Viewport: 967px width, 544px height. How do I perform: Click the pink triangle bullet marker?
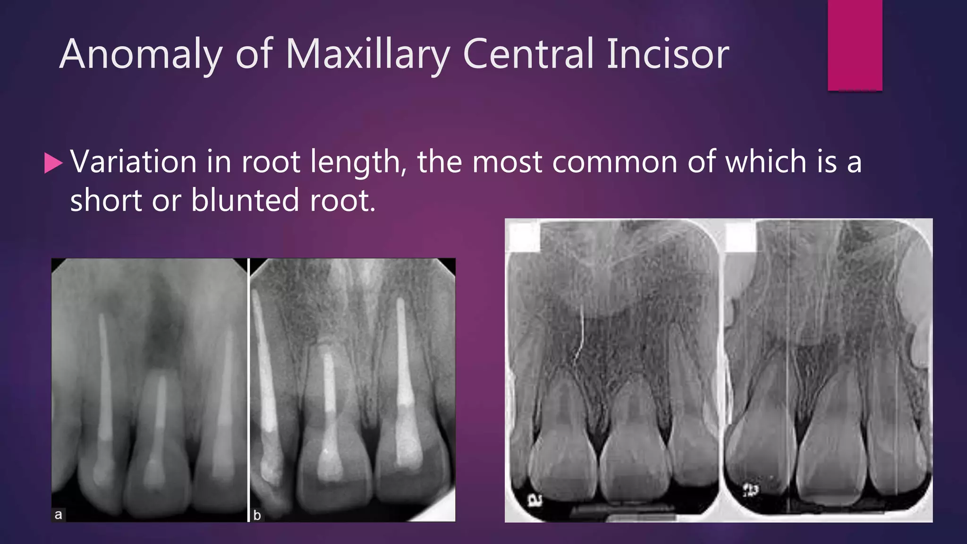click(x=53, y=163)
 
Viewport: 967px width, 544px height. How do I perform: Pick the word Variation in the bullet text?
click(x=133, y=162)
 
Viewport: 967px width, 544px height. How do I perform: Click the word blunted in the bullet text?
click(x=245, y=200)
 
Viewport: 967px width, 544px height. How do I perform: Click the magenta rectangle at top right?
click(x=855, y=45)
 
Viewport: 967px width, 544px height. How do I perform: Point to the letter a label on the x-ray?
click(x=59, y=515)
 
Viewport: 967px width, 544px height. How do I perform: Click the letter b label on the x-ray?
click(x=257, y=515)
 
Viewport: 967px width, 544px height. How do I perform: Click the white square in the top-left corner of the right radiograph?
click(x=524, y=236)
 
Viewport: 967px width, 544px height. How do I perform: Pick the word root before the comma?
click(x=271, y=162)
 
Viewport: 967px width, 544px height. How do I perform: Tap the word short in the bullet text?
click(x=106, y=200)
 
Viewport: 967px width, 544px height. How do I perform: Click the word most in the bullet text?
click(x=507, y=162)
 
